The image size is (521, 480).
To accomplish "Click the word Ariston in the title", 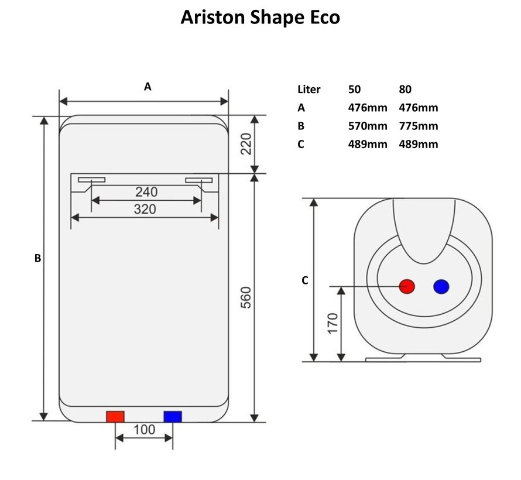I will [210, 17].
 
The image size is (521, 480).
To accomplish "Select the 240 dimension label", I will [146, 191].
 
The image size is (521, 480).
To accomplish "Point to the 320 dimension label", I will [145, 208].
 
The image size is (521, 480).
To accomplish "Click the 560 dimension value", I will [246, 297].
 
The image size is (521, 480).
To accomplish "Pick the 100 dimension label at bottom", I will [144, 430].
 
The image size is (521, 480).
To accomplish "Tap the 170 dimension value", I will [333, 324].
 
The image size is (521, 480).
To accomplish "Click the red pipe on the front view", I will [115, 417].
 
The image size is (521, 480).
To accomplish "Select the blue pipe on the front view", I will [173, 417].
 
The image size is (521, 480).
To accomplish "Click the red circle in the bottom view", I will [407, 287].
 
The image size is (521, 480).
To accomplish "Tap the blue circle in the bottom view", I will [441, 287].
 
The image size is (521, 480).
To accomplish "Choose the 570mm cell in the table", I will [367, 126].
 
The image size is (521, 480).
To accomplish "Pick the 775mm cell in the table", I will [418, 126].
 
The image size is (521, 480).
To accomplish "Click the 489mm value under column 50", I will [367, 144].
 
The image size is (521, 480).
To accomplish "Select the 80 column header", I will [405, 90].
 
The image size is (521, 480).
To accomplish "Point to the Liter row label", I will [309, 90].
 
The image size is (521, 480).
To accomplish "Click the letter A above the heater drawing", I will [148, 87].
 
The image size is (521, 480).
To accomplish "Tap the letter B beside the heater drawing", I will [37, 258].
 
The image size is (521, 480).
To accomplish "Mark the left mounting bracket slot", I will [91, 180].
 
